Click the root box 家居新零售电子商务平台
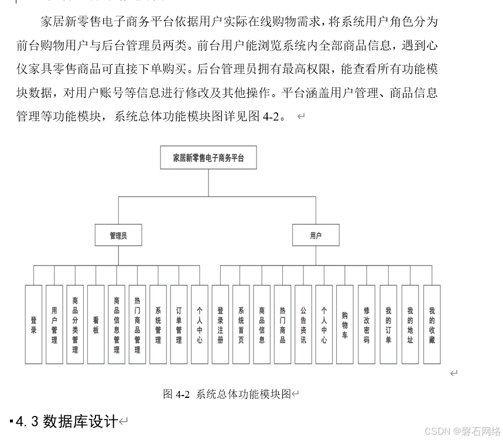pos(208,157)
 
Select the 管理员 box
pos(118,236)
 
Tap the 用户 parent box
pos(316,236)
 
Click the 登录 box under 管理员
pos(33,325)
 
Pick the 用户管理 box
pos(54,325)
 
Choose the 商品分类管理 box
pos(75,325)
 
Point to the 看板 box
pos(96,325)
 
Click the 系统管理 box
pos(158,325)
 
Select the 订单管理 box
pos(179,325)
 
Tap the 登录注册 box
pos(220,325)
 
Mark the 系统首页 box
pos(241,325)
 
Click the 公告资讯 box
pos(303,325)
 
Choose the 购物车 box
pos(345,325)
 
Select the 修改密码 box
pos(367,325)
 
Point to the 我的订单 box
pos(388,325)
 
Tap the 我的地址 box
pos(410,325)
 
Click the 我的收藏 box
pos(432,325)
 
